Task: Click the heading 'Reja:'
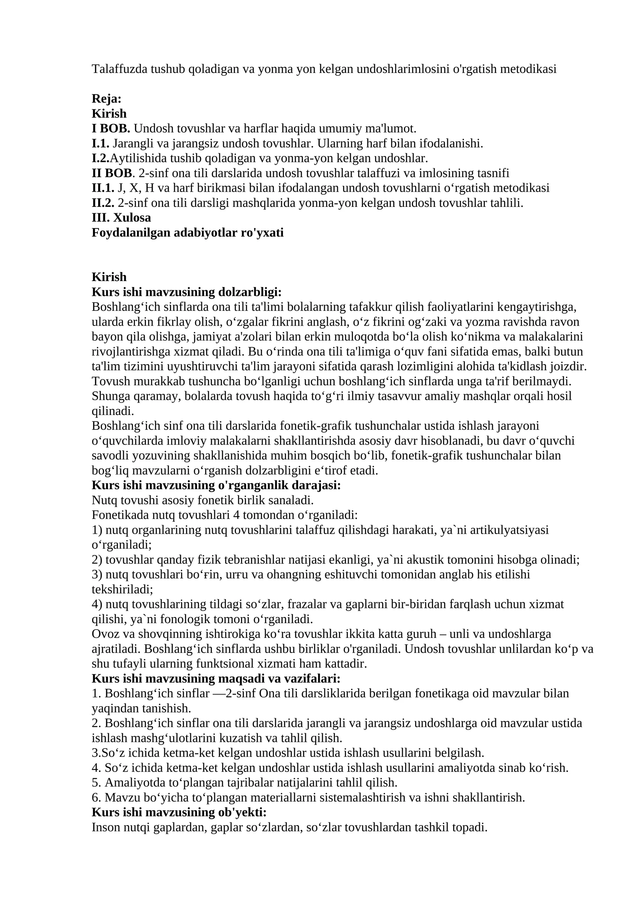coord(106,99)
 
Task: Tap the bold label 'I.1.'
coord(101,143)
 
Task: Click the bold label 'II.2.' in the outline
coord(103,203)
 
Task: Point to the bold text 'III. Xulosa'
coord(121,218)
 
